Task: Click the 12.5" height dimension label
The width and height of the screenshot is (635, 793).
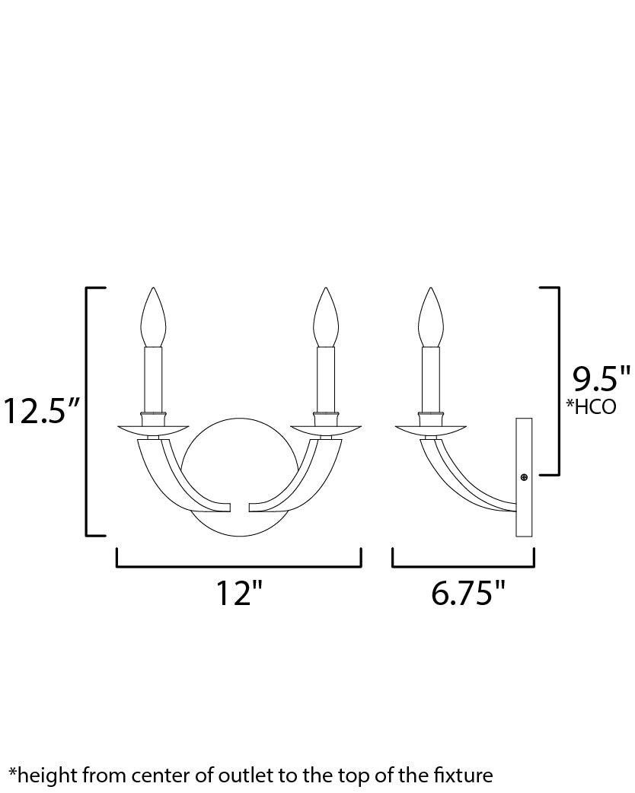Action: [41, 412]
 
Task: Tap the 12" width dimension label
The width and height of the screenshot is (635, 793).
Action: [243, 594]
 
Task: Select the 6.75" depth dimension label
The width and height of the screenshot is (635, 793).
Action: [468, 594]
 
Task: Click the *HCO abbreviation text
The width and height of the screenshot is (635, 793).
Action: [591, 406]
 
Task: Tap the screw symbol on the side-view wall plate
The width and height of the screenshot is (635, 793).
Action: [524, 477]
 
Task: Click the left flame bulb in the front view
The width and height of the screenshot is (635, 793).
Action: [154, 317]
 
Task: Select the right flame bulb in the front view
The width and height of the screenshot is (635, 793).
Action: [326, 317]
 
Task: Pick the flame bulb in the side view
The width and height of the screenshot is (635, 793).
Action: [430, 317]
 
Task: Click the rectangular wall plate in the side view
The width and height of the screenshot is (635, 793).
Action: [524, 502]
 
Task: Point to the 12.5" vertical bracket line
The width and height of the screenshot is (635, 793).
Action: [87, 412]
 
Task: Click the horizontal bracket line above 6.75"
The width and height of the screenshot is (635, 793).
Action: [463, 567]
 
